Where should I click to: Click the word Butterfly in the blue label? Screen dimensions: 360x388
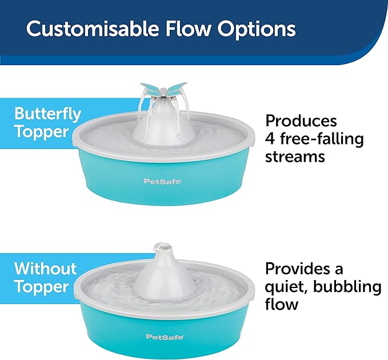[x=47, y=113]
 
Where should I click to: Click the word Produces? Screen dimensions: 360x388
[x=301, y=121]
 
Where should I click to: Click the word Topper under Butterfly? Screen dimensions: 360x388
[x=41, y=131]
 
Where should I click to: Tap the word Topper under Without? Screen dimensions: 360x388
[x=41, y=286]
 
